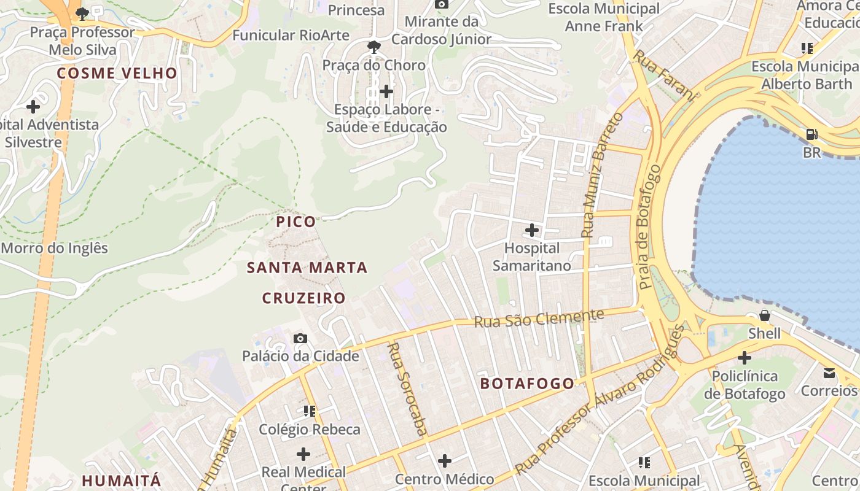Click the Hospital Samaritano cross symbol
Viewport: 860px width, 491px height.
(532, 231)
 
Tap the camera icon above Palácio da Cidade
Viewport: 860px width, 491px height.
(300, 338)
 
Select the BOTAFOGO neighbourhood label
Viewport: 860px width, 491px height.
(527, 384)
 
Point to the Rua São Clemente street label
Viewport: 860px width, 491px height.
(539, 319)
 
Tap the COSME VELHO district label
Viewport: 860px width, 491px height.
(117, 73)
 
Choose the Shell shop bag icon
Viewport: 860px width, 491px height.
(765, 315)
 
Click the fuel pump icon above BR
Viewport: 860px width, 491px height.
(811, 134)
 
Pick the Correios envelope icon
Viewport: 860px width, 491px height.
(829, 373)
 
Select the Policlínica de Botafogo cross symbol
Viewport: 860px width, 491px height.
(745, 357)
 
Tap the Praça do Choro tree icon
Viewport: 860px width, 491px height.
(373, 47)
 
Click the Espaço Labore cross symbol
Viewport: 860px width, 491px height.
(386, 91)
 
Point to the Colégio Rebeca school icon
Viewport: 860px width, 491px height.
(309, 411)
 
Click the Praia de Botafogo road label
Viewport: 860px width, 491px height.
(650, 227)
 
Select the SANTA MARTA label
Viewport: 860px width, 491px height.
(307, 268)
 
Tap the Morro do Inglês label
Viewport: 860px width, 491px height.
(54, 249)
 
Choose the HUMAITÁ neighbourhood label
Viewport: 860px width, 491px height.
(121, 480)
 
